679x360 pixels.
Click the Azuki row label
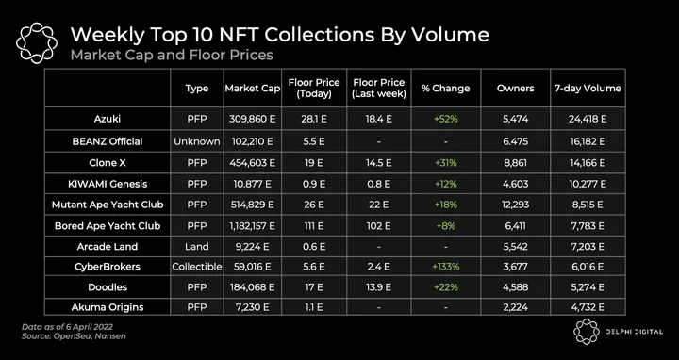coord(108,119)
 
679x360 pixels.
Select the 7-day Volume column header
coord(588,89)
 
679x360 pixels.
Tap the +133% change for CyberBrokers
coord(445,267)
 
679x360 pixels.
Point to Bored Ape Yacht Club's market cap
coord(253,226)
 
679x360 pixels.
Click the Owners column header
coord(515,89)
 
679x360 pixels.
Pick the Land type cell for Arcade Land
coord(196,247)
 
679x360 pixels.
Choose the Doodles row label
coord(108,287)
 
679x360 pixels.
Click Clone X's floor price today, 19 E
coord(314,163)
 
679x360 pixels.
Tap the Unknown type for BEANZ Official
coord(196,141)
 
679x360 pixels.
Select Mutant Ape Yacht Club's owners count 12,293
coord(515,205)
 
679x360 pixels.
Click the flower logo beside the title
coord(37,42)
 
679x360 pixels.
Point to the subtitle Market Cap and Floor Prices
coord(172,56)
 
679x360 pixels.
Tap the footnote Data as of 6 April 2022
coord(67,327)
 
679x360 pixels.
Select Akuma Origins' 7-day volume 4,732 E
coord(588,307)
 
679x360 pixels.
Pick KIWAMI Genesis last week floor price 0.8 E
coord(378,184)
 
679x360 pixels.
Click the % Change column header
coord(445,89)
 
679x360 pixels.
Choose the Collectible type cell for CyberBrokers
coord(196,267)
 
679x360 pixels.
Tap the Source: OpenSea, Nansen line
coord(74,336)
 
